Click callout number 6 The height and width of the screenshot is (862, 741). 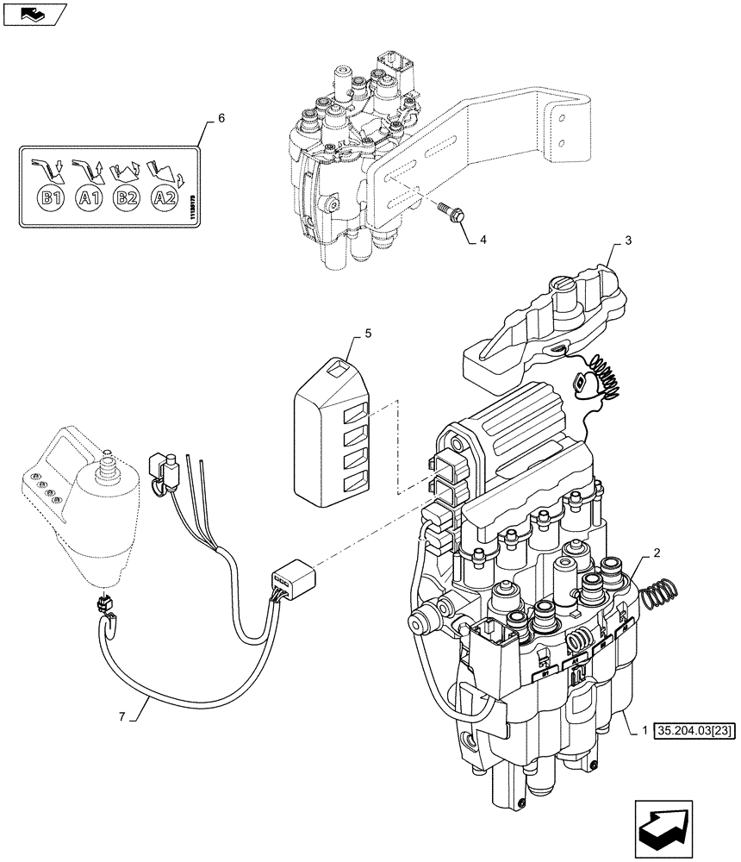(x=221, y=118)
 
